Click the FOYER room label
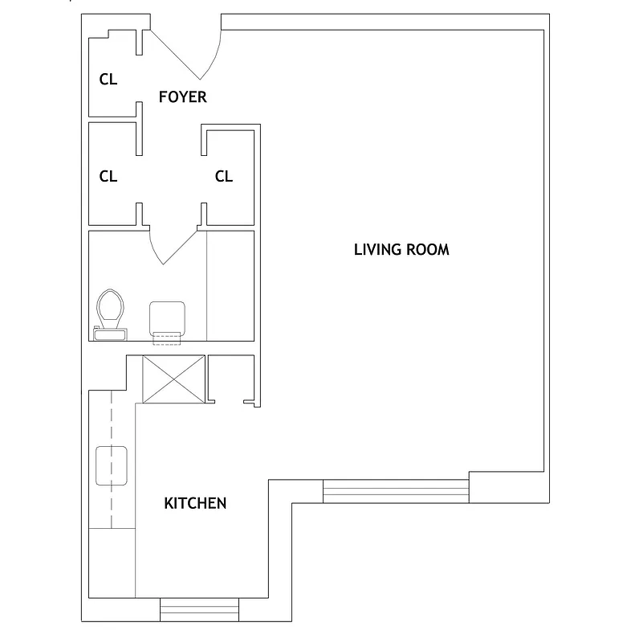[182, 97]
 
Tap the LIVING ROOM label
[401, 249]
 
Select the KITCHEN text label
[195, 504]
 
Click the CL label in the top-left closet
[108, 80]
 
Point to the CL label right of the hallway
[224, 176]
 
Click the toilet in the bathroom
[110, 308]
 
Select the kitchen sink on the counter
[112, 466]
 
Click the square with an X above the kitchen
[174, 379]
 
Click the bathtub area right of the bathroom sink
[230, 285]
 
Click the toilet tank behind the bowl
[110, 332]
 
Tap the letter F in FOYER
[163, 97]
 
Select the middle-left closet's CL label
[108, 176]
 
